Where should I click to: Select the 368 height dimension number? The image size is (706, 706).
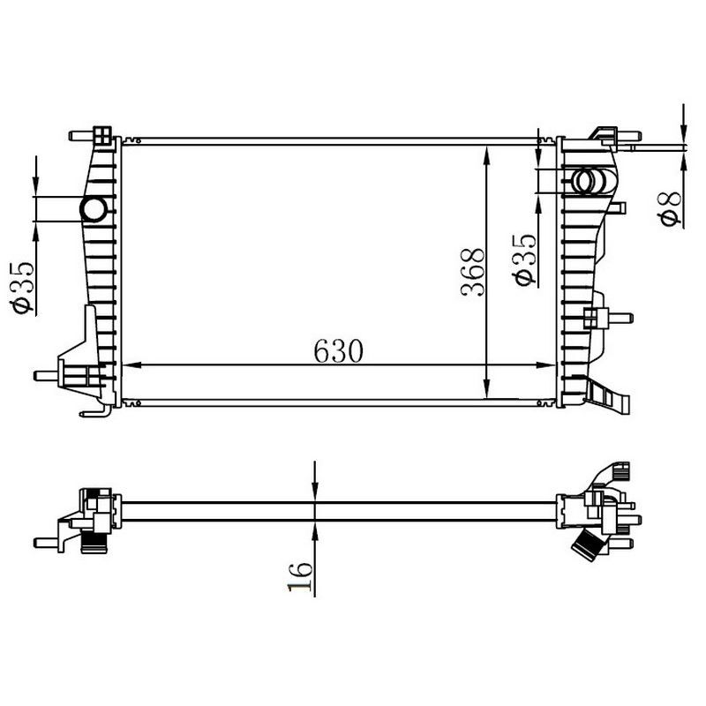(474, 272)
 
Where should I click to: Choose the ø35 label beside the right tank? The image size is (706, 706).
(524, 259)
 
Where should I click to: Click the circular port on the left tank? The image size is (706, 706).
(93, 209)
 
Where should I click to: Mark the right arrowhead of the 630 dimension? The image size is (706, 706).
(551, 364)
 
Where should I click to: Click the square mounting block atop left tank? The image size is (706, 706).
(102, 136)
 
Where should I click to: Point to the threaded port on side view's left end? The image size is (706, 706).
(92, 543)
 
